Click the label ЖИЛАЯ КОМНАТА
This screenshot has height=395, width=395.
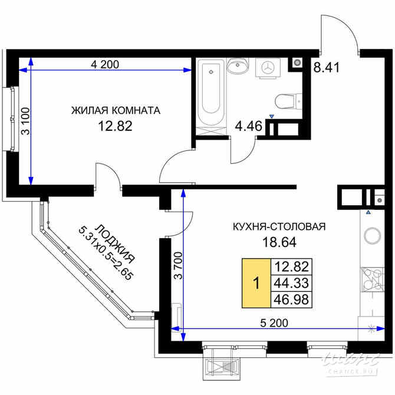click(116, 110)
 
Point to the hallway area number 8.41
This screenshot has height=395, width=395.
click(325, 67)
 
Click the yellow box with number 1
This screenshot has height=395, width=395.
click(255, 283)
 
